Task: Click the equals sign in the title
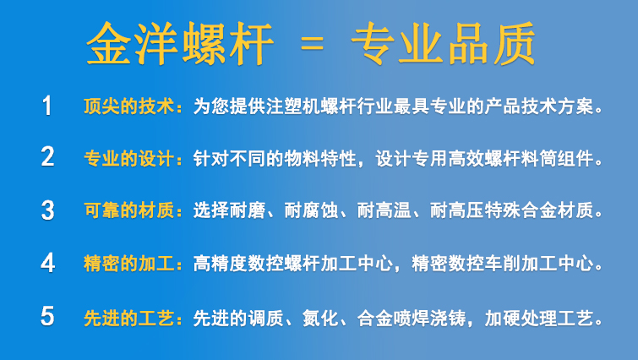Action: [312, 44]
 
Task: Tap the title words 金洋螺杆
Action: [179, 44]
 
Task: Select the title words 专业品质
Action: [443, 44]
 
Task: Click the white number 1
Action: [47, 106]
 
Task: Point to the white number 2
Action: [47, 157]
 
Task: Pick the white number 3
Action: [47, 210]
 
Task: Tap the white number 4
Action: [47, 263]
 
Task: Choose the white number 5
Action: [47, 316]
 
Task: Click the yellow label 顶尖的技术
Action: [129, 106]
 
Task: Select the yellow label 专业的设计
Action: [129, 158]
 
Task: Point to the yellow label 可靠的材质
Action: [129, 210]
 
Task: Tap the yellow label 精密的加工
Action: [129, 263]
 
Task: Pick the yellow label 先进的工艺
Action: [129, 318]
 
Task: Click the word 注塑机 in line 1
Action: [293, 106]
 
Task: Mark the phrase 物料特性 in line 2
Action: [320, 158]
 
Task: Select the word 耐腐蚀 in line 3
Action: [311, 210]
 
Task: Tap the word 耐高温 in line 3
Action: [384, 210]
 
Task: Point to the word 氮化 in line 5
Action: [320, 318]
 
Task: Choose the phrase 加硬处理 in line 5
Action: [521, 318]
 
